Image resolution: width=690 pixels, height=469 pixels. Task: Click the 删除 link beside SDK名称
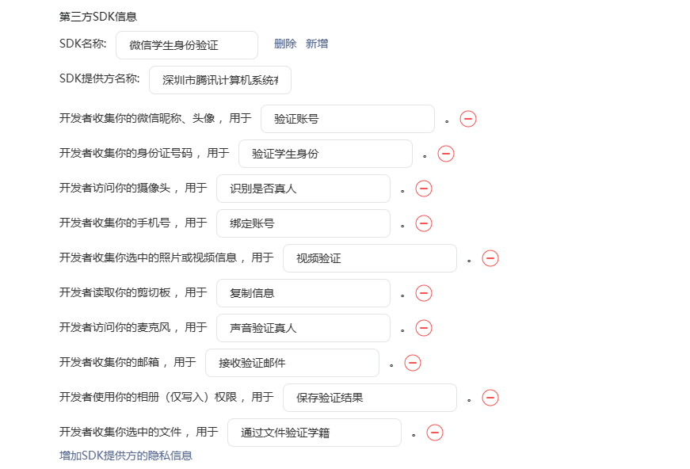285,44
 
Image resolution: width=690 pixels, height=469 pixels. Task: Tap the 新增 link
317,44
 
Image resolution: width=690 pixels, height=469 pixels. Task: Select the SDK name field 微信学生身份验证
187,45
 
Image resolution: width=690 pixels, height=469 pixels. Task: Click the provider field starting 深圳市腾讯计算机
220,80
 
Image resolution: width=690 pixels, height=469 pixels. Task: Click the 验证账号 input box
348,119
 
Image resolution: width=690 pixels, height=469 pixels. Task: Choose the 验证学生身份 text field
326,154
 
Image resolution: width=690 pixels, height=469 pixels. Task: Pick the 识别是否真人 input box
303,189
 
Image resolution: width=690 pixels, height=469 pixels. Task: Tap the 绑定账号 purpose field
303,223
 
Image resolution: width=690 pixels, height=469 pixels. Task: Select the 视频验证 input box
370,258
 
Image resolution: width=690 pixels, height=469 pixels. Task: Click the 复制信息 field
303,293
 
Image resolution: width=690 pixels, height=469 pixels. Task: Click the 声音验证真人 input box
303,328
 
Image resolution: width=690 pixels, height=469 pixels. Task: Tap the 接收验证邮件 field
292,363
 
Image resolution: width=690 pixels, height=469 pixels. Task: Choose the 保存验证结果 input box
370,398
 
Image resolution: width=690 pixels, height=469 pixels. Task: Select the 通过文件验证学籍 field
315,433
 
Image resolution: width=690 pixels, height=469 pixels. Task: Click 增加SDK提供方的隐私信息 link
126,456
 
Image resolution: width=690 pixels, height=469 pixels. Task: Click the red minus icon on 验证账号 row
468,119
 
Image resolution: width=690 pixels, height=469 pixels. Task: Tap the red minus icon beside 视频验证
490,258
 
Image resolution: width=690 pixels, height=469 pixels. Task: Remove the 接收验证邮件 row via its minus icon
413,363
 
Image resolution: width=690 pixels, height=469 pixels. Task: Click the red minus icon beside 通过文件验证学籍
435,433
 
